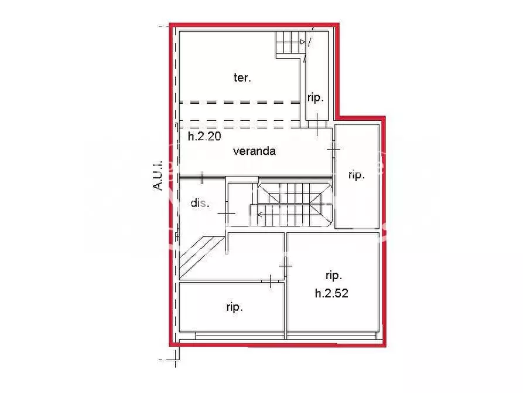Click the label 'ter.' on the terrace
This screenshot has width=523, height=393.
tap(242, 77)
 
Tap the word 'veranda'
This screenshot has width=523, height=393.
tap(254, 151)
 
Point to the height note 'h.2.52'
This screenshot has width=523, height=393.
tap(331, 293)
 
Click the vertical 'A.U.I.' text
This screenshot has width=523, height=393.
tap(157, 176)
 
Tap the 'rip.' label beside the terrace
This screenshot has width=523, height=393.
tap(316, 98)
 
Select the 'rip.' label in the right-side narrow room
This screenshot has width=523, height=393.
tap(356, 175)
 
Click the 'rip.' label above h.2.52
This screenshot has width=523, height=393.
tap(333, 275)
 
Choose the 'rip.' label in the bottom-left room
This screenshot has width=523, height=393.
tap(234, 307)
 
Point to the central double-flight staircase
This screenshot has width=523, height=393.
tap(291, 205)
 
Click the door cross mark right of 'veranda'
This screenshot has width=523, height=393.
tap(333, 150)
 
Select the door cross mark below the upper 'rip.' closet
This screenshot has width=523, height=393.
tap(317, 124)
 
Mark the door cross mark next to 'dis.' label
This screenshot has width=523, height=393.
tap(226, 215)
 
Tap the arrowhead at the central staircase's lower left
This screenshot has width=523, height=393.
tap(259, 214)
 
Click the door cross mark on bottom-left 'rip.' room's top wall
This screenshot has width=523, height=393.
tap(269, 282)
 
